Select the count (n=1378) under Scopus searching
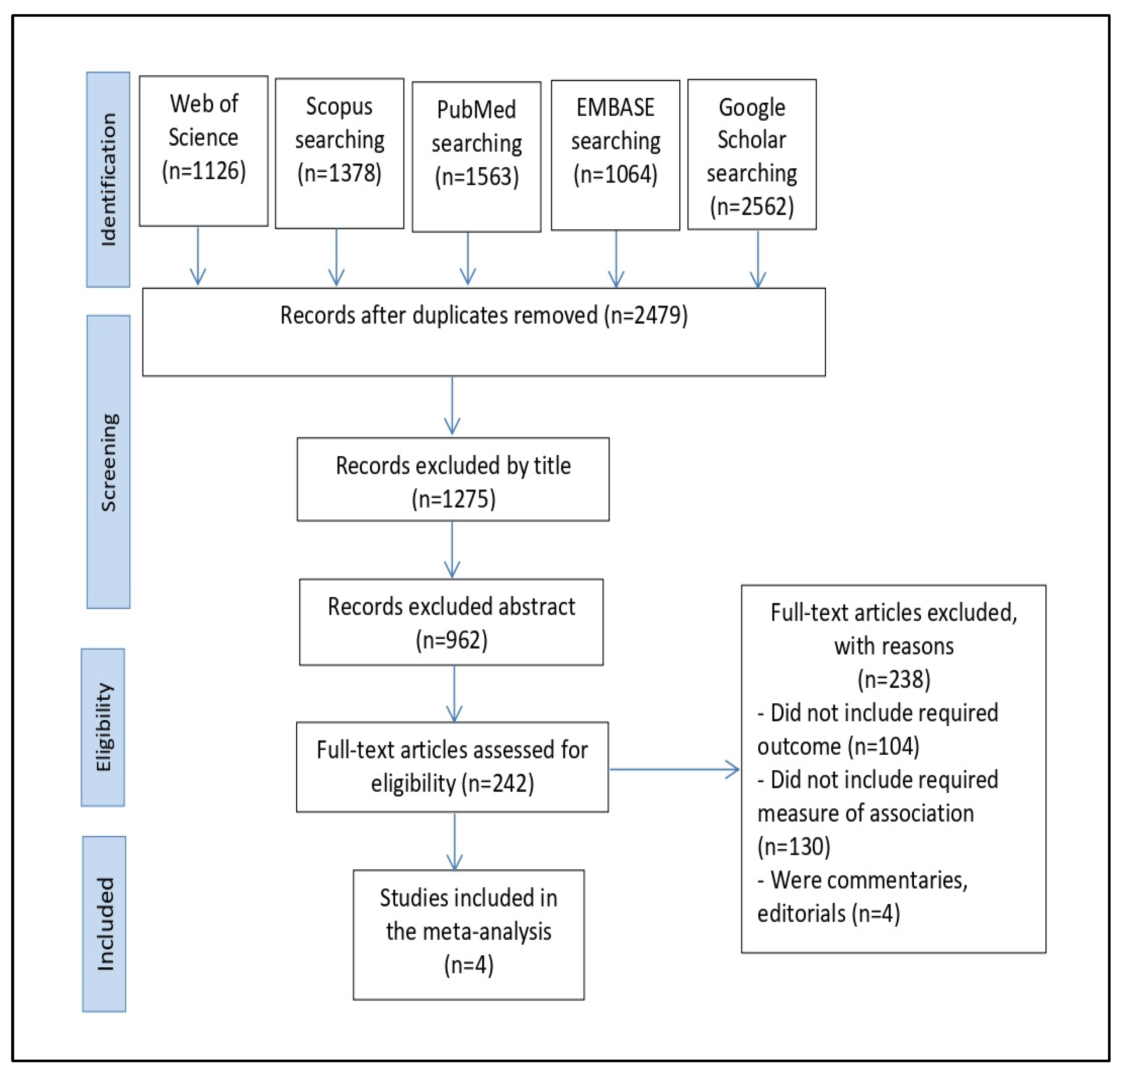click(x=339, y=173)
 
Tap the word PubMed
click(x=476, y=109)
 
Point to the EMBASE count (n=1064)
click(x=616, y=174)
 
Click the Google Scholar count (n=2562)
click(x=752, y=206)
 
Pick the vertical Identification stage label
click(x=108, y=179)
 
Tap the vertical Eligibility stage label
click(x=103, y=727)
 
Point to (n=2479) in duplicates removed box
click(x=646, y=315)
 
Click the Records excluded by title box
click(x=453, y=479)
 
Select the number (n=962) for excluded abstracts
click(x=451, y=640)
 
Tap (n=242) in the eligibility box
click(x=501, y=783)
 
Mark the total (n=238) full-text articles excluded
click(x=893, y=679)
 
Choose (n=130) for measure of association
click(x=793, y=846)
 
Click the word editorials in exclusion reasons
click(x=801, y=913)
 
